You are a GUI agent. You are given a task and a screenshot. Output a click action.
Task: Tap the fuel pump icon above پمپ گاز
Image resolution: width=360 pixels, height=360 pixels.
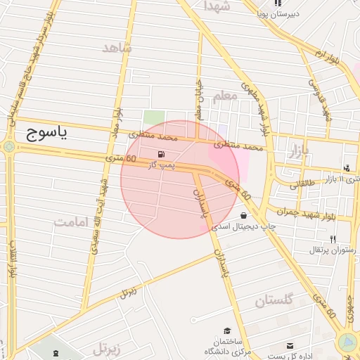click(162, 153)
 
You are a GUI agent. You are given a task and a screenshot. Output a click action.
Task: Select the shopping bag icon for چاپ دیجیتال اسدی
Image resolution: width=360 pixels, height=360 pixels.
click(244, 216)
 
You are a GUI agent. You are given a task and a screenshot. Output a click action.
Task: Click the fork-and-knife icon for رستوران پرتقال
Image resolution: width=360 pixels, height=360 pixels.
click(333, 239)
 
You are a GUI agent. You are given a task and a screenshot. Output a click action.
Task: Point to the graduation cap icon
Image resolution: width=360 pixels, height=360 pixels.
click(226, 330)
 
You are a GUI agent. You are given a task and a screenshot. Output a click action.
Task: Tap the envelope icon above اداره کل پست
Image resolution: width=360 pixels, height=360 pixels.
click(290, 345)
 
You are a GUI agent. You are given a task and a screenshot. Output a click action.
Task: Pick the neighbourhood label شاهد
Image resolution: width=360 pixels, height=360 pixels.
click(117, 47)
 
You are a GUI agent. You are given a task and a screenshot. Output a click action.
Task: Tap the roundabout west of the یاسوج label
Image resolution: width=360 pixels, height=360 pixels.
click(8, 146)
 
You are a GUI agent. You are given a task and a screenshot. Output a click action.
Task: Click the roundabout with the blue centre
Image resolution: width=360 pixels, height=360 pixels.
click(347, 342)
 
